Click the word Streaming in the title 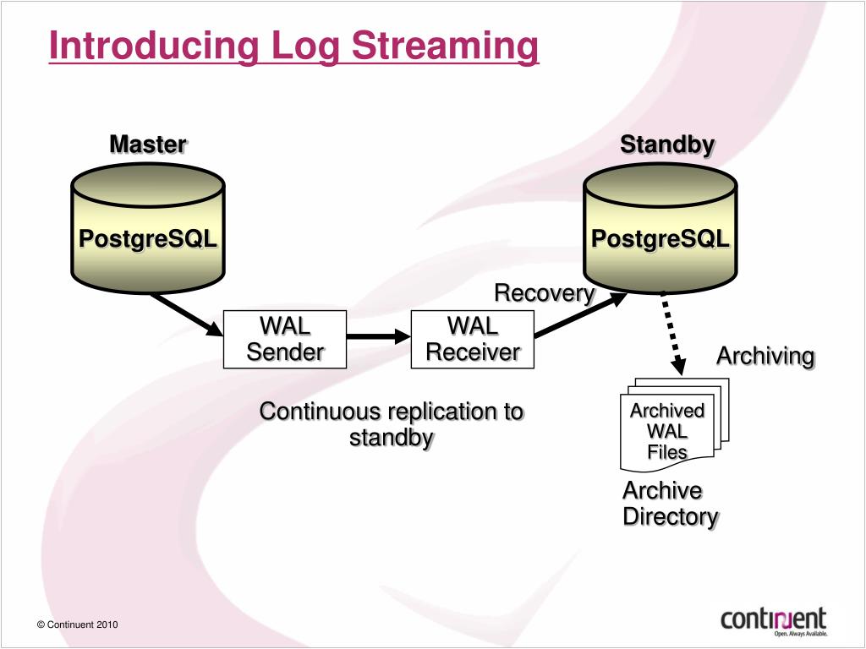point(445,46)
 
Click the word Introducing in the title point(154,46)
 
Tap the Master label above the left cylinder point(148,145)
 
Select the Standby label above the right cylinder point(667,145)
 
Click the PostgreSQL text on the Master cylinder point(148,239)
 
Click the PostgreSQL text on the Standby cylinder point(660,239)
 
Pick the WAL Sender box point(285,340)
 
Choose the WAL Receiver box point(473,340)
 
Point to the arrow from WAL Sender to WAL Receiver point(379,336)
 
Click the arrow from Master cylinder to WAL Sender point(187,314)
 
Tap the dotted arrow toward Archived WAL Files point(673,334)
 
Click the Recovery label point(545,293)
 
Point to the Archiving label point(765,357)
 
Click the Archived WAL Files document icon point(675,425)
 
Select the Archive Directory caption point(671,504)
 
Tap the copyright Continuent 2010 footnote point(77,624)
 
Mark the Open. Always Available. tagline point(801,634)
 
